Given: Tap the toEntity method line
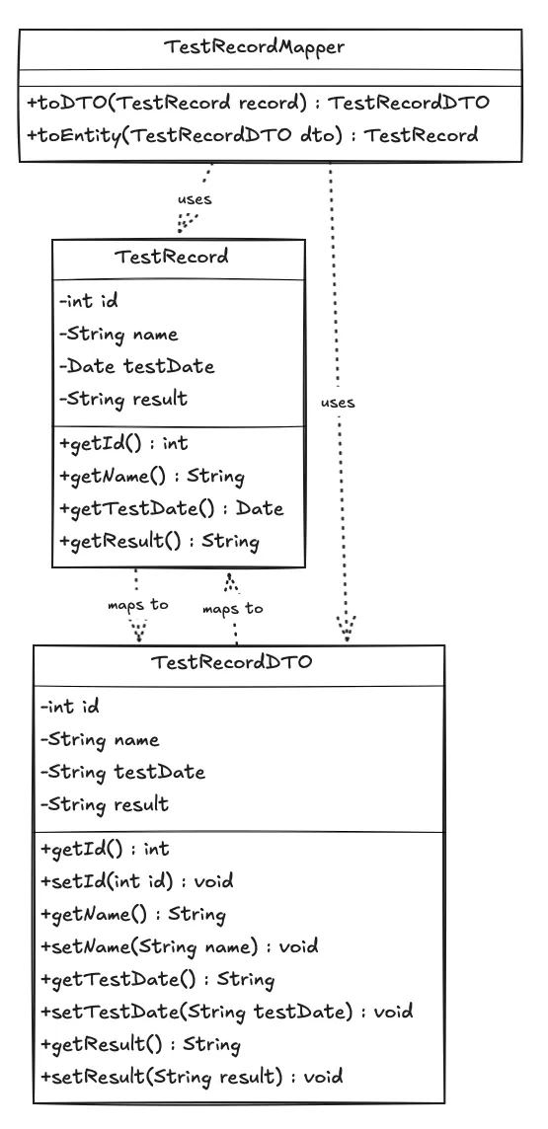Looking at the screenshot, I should point(252,135).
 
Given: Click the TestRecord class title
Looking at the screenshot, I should point(172,258).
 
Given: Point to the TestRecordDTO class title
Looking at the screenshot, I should point(231,662).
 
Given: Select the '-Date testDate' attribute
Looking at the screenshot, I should point(136,366).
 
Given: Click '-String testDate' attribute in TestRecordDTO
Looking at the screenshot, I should point(122,772).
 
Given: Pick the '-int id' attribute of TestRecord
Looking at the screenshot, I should point(90,301).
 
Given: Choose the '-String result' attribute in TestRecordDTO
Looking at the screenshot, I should point(105,804).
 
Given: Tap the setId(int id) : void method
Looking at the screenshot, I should point(123,880).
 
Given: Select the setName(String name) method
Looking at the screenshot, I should point(179,946).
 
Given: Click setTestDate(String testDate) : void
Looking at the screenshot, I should point(226,1012).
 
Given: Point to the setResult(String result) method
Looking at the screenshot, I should point(192,1077).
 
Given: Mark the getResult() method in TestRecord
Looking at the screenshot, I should point(159,541).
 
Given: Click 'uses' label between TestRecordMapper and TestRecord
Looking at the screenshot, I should point(195,199).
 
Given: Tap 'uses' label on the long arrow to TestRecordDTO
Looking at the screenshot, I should point(338,403).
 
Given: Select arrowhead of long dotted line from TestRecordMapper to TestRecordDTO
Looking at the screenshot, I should point(346,630).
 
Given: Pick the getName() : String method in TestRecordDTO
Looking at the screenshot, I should point(133,914).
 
